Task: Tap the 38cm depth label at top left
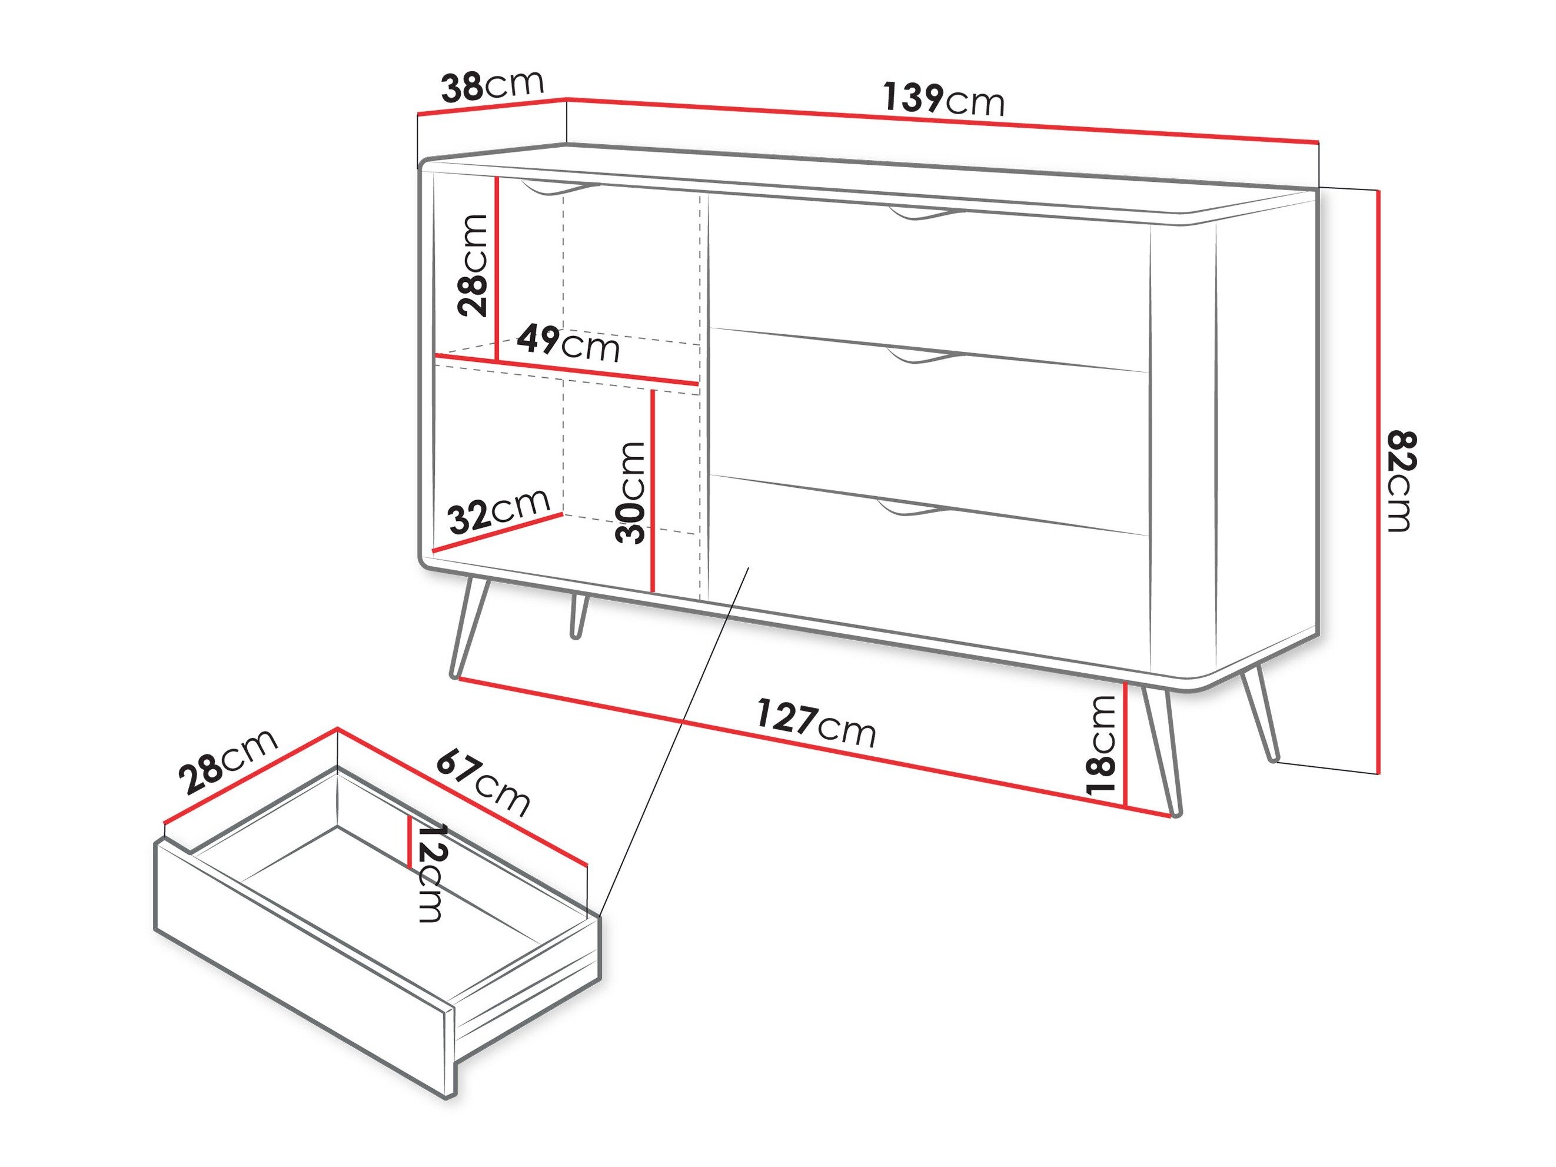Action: click(x=493, y=86)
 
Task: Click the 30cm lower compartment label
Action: click(x=630, y=493)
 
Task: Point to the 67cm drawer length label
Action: click(x=483, y=783)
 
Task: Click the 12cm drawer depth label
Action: click(x=429, y=872)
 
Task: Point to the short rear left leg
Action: click(x=578, y=616)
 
